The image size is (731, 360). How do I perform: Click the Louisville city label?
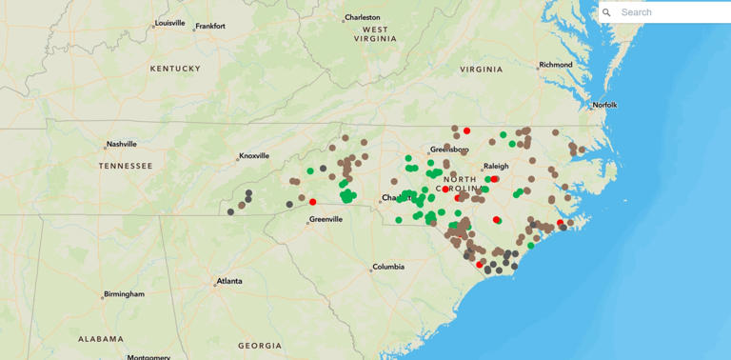pyautogui.click(x=170, y=22)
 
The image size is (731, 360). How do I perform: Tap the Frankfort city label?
pyautogui.click(x=209, y=26)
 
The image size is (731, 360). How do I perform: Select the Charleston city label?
pyautogui.click(x=362, y=17)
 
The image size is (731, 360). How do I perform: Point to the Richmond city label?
pyautogui.click(x=555, y=65)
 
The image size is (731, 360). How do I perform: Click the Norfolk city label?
pyautogui.click(x=604, y=105)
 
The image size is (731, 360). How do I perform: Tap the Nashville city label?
pyautogui.click(x=121, y=144)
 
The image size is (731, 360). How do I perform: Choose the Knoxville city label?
pyautogui.click(x=254, y=155)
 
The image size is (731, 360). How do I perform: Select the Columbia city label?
pyautogui.click(x=387, y=267)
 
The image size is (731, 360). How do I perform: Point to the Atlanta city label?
pyautogui.click(x=228, y=281)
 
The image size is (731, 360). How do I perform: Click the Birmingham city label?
pyautogui.click(x=125, y=294)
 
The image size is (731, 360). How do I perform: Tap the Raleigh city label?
pyautogui.click(x=496, y=166)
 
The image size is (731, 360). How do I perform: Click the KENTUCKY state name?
pyautogui.click(x=175, y=69)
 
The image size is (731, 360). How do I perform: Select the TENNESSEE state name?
pyautogui.click(x=125, y=166)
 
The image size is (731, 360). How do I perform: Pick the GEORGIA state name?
pyautogui.click(x=260, y=345)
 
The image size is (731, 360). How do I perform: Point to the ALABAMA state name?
pyautogui.click(x=101, y=338)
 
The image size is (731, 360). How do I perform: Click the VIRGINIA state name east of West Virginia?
pyautogui.click(x=481, y=70)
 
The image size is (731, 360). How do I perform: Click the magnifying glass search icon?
pyautogui.click(x=607, y=12)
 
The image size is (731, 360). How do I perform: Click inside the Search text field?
pyautogui.click(x=671, y=12)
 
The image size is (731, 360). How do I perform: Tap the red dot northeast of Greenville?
pyautogui.click(x=313, y=202)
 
